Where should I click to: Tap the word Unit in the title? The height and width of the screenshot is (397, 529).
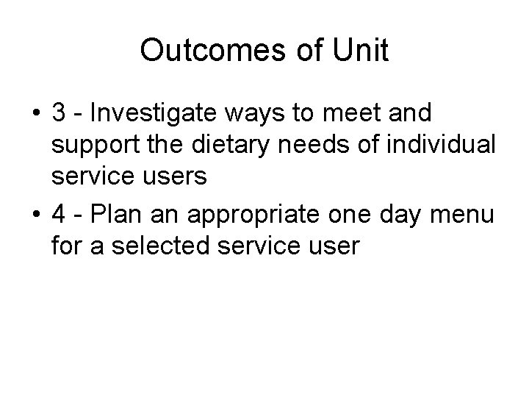(x=361, y=50)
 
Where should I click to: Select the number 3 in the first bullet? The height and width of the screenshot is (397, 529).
(x=61, y=115)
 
